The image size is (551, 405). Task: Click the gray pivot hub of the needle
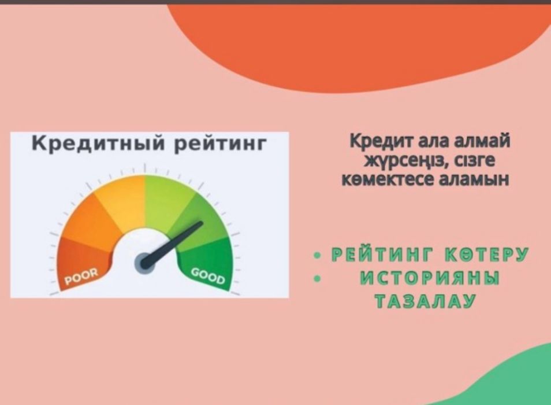click(x=143, y=263)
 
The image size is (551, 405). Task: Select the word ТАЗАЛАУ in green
click(x=425, y=301)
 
